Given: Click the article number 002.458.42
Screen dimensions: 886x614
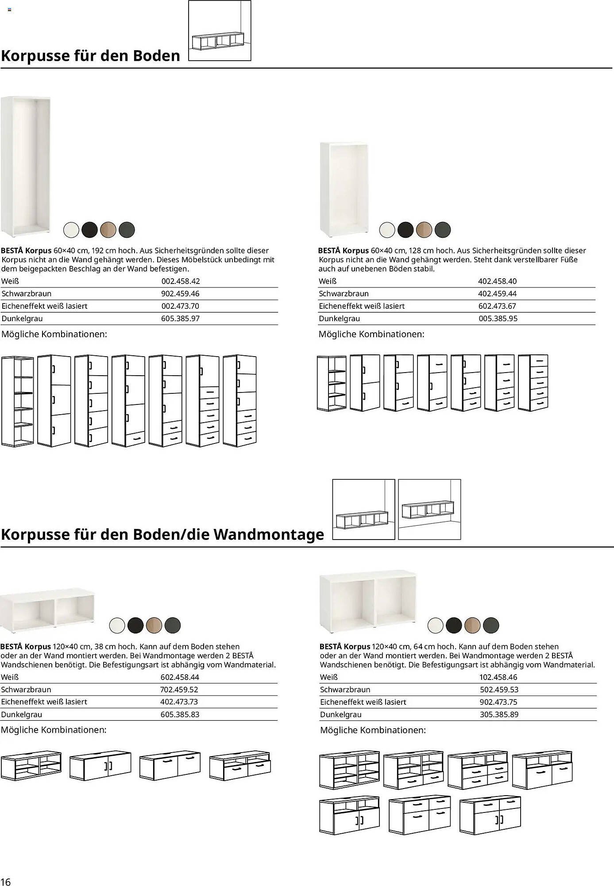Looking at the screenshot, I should [180, 281].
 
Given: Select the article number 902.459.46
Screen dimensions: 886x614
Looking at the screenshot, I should [180, 293].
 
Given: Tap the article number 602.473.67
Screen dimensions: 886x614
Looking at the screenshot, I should [497, 306].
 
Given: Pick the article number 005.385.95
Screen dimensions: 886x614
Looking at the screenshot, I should [498, 318].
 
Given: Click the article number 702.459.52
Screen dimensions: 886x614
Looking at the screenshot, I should [179, 689].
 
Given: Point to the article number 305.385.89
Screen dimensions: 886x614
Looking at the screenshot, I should [499, 714].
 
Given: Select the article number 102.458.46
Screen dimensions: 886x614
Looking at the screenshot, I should [498, 677].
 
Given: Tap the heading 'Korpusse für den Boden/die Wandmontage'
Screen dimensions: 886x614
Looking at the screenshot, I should [162, 534].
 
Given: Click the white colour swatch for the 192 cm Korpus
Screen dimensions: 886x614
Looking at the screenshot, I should [71, 229].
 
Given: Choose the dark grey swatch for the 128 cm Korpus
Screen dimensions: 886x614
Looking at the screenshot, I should [443, 229].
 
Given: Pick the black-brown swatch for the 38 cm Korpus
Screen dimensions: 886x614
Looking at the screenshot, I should [135, 625].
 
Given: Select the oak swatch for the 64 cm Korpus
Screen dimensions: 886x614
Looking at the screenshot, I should [472, 625].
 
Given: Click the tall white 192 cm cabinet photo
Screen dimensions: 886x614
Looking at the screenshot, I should [26, 167].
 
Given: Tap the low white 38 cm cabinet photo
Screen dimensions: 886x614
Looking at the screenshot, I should [47, 609].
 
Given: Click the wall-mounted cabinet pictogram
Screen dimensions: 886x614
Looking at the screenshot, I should [429, 509].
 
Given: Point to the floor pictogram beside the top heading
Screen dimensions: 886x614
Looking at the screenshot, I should [220, 30].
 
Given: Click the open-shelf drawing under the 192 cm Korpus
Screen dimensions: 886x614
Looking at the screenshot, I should [17, 401].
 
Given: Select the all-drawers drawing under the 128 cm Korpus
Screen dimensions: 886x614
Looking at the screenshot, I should [533, 382].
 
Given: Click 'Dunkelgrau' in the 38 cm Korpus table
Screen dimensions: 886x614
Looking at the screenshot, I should [22, 714].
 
